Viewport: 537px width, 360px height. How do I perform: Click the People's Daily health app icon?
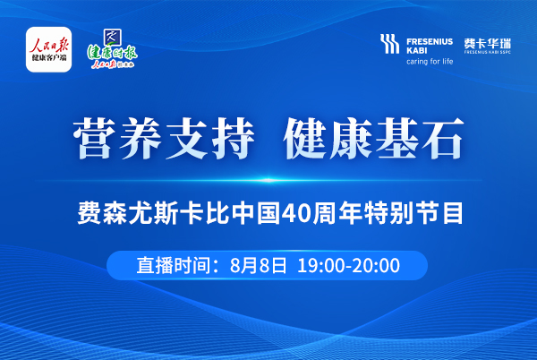48,49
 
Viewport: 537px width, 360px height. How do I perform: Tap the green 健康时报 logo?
112,49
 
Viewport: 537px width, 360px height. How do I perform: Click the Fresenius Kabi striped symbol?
389,44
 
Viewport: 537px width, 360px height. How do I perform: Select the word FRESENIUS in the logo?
430,42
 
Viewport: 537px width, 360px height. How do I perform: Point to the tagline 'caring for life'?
430,61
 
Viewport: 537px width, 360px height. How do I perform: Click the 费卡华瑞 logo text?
488,44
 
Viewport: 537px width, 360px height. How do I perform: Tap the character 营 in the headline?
93,138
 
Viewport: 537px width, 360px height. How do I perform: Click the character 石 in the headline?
442,138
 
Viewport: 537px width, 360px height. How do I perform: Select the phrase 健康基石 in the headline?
373,138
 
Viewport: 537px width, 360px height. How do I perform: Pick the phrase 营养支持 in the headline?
164,138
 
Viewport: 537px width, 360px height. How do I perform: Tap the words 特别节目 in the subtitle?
413,213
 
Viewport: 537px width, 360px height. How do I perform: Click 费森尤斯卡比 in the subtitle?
153,213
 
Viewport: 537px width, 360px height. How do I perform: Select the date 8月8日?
259,265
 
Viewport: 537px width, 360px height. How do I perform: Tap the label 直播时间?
174,265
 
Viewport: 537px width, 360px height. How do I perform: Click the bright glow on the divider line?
268,180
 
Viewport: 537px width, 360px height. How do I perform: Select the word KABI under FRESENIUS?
417,50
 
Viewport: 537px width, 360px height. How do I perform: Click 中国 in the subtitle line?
256,213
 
